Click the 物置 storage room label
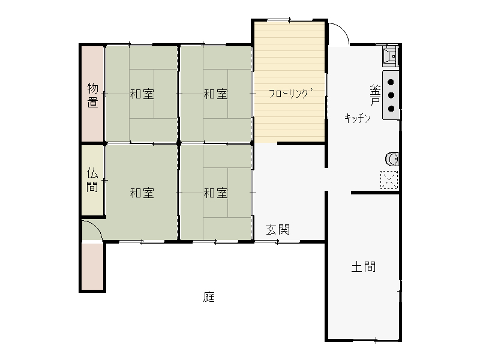[x=93, y=95]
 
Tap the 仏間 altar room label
[x=92, y=179]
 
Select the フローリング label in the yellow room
[x=291, y=94]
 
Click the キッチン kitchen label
[x=358, y=118]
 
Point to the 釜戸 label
[x=376, y=95]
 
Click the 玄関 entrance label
[x=278, y=230]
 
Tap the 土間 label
[x=364, y=266]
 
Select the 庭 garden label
[x=209, y=296]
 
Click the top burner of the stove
[x=391, y=82]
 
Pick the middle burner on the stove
[x=391, y=95]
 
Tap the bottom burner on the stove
[x=391, y=109]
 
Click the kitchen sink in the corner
[x=391, y=55]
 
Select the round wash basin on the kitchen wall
[x=392, y=159]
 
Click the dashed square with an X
[x=389, y=179]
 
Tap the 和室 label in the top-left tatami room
[x=142, y=94]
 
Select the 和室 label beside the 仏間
[x=142, y=193]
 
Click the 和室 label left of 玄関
[x=216, y=193]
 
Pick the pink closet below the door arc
[x=92, y=266]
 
